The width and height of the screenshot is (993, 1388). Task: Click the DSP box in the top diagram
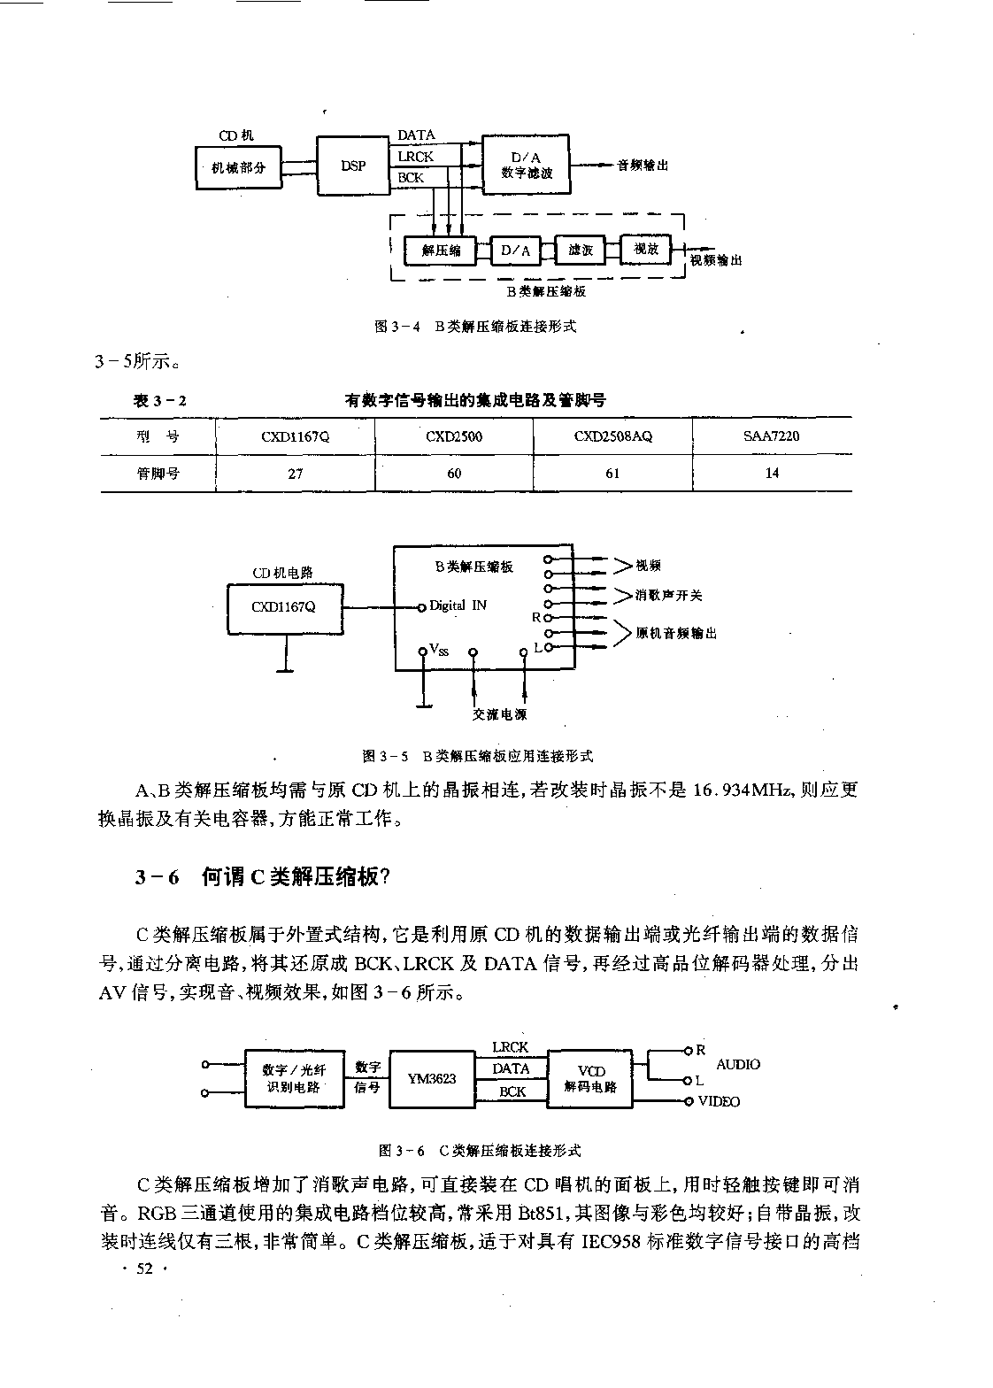(354, 166)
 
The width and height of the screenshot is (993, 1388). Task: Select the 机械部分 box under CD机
(238, 167)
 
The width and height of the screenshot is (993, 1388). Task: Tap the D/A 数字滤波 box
(526, 165)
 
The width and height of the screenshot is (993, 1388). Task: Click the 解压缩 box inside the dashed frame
(441, 251)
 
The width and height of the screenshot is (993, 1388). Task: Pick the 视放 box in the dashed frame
(646, 249)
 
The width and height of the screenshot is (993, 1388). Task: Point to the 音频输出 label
(643, 166)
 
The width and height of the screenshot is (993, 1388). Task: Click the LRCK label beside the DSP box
(416, 157)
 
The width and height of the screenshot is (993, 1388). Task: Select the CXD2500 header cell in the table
(454, 436)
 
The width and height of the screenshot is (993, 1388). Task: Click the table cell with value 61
(612, 474)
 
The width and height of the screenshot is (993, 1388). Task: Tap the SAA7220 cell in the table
(772, 436)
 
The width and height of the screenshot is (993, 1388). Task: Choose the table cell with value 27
(296, 474)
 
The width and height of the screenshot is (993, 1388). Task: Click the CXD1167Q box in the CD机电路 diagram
(285, 608)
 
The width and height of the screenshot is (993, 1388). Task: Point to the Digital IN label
(458, 605)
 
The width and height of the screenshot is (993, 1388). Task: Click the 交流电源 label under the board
(499, 713)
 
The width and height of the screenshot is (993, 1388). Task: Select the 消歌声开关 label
(669, 596)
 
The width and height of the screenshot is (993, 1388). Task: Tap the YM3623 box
(432, 1079)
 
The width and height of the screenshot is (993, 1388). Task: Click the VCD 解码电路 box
(590, 1079)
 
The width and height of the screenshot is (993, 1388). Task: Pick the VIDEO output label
(719, 1101)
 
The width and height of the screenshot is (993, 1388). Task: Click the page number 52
(144, 1268)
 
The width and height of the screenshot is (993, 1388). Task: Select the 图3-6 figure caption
(480, 1151)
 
